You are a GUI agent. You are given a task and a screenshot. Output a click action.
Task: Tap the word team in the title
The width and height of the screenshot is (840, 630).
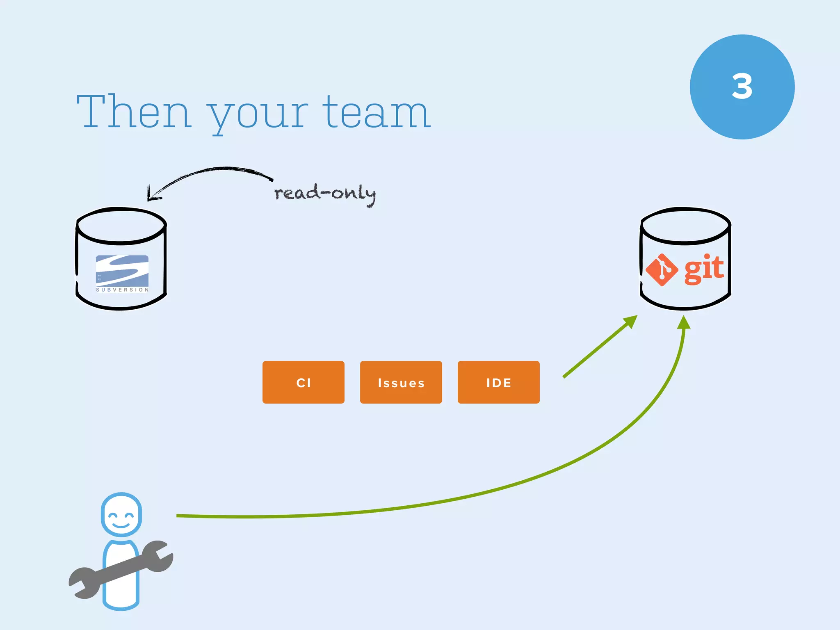pos(376,112)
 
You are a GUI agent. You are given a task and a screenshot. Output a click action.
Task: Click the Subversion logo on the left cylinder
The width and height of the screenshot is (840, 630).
pos(122,270)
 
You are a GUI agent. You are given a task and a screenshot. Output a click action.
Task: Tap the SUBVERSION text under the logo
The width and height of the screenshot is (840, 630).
pos(122,290)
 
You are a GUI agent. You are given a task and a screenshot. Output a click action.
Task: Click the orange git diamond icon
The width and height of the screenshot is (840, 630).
pos(661,270)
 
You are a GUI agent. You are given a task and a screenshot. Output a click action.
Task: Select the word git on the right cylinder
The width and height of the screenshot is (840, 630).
pos(704,269)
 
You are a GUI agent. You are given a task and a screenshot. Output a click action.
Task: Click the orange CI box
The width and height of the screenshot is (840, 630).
pos(304,382)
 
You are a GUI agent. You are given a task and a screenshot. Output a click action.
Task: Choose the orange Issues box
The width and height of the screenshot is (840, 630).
pos(401,382)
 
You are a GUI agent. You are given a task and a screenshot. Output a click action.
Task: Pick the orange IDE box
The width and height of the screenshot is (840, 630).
pos(498,382)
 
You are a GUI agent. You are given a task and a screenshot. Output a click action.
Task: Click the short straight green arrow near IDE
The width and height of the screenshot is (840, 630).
pos(599,347)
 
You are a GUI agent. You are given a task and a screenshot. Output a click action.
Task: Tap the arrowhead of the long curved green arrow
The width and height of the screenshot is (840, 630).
pos(684,323)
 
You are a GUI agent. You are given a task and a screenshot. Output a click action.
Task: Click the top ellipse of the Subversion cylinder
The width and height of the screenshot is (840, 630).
pos(121,226)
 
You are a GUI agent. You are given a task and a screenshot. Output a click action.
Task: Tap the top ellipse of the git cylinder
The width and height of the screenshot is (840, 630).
pos(686,226)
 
